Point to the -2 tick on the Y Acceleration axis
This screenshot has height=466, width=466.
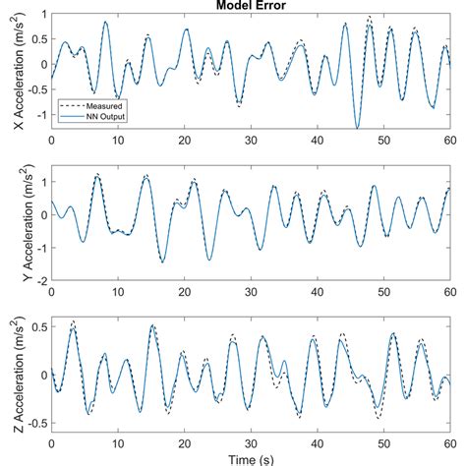point(40,280)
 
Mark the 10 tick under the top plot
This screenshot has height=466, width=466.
point(117,140)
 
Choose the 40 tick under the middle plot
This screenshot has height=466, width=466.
point(317,292)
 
